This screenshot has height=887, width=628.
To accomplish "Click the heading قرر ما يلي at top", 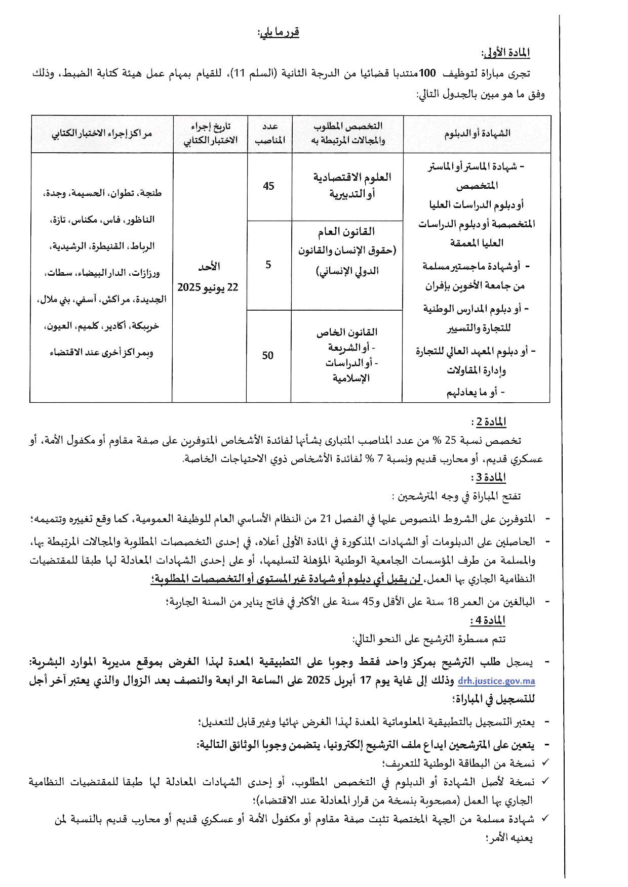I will click(x=278, y=32).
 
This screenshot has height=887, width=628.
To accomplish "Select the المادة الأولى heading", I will click(x=505, y=53).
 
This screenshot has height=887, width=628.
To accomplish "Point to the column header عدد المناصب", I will click(x=268, y=134).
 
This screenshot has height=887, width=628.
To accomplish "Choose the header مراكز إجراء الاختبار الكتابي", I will click(x=102, y=134).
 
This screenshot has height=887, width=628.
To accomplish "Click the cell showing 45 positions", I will click(x=268, y=186).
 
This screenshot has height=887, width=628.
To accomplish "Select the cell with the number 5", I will click(x=268, y=265).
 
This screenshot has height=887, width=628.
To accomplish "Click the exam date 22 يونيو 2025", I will click(x=208, y=287).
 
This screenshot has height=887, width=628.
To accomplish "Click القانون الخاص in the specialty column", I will click(x=347, y=332).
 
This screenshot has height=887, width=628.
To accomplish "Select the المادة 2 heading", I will click(x=488, y=421).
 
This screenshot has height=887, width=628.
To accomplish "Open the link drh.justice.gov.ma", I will click(x=496, y=681).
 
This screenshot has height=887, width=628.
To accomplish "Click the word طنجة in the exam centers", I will click(x=151, y=193).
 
